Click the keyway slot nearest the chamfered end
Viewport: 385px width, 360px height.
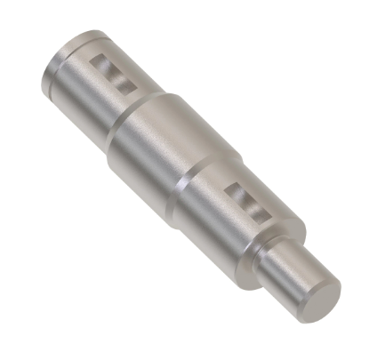pyautogui.click(x=114, y=74)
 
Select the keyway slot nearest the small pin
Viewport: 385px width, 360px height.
pyautogui.click(x=244, y=201)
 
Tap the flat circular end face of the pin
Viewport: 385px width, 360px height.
pyautogui.click(x=321, y=293)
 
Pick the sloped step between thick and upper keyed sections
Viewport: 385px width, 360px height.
pyautogui.click(x=125, y=111)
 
